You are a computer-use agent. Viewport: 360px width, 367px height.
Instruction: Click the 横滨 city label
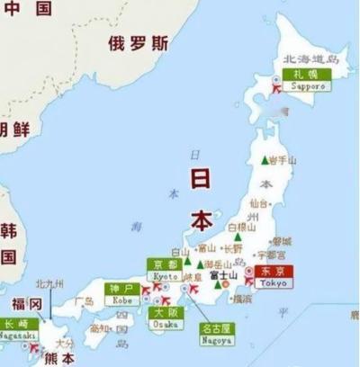coord(242,298)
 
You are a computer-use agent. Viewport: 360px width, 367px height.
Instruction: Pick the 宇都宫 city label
coord(269,254)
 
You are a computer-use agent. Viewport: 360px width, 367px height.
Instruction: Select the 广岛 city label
coord(84,300)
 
